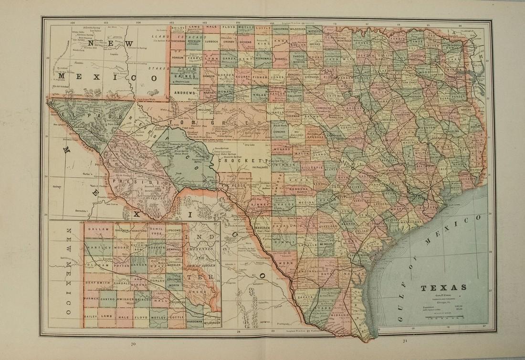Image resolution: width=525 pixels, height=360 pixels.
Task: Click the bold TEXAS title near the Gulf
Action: click(437, 288)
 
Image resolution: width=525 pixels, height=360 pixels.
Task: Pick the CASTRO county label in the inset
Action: click(106, 299)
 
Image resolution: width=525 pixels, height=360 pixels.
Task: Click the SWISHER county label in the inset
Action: click(126, 299)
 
